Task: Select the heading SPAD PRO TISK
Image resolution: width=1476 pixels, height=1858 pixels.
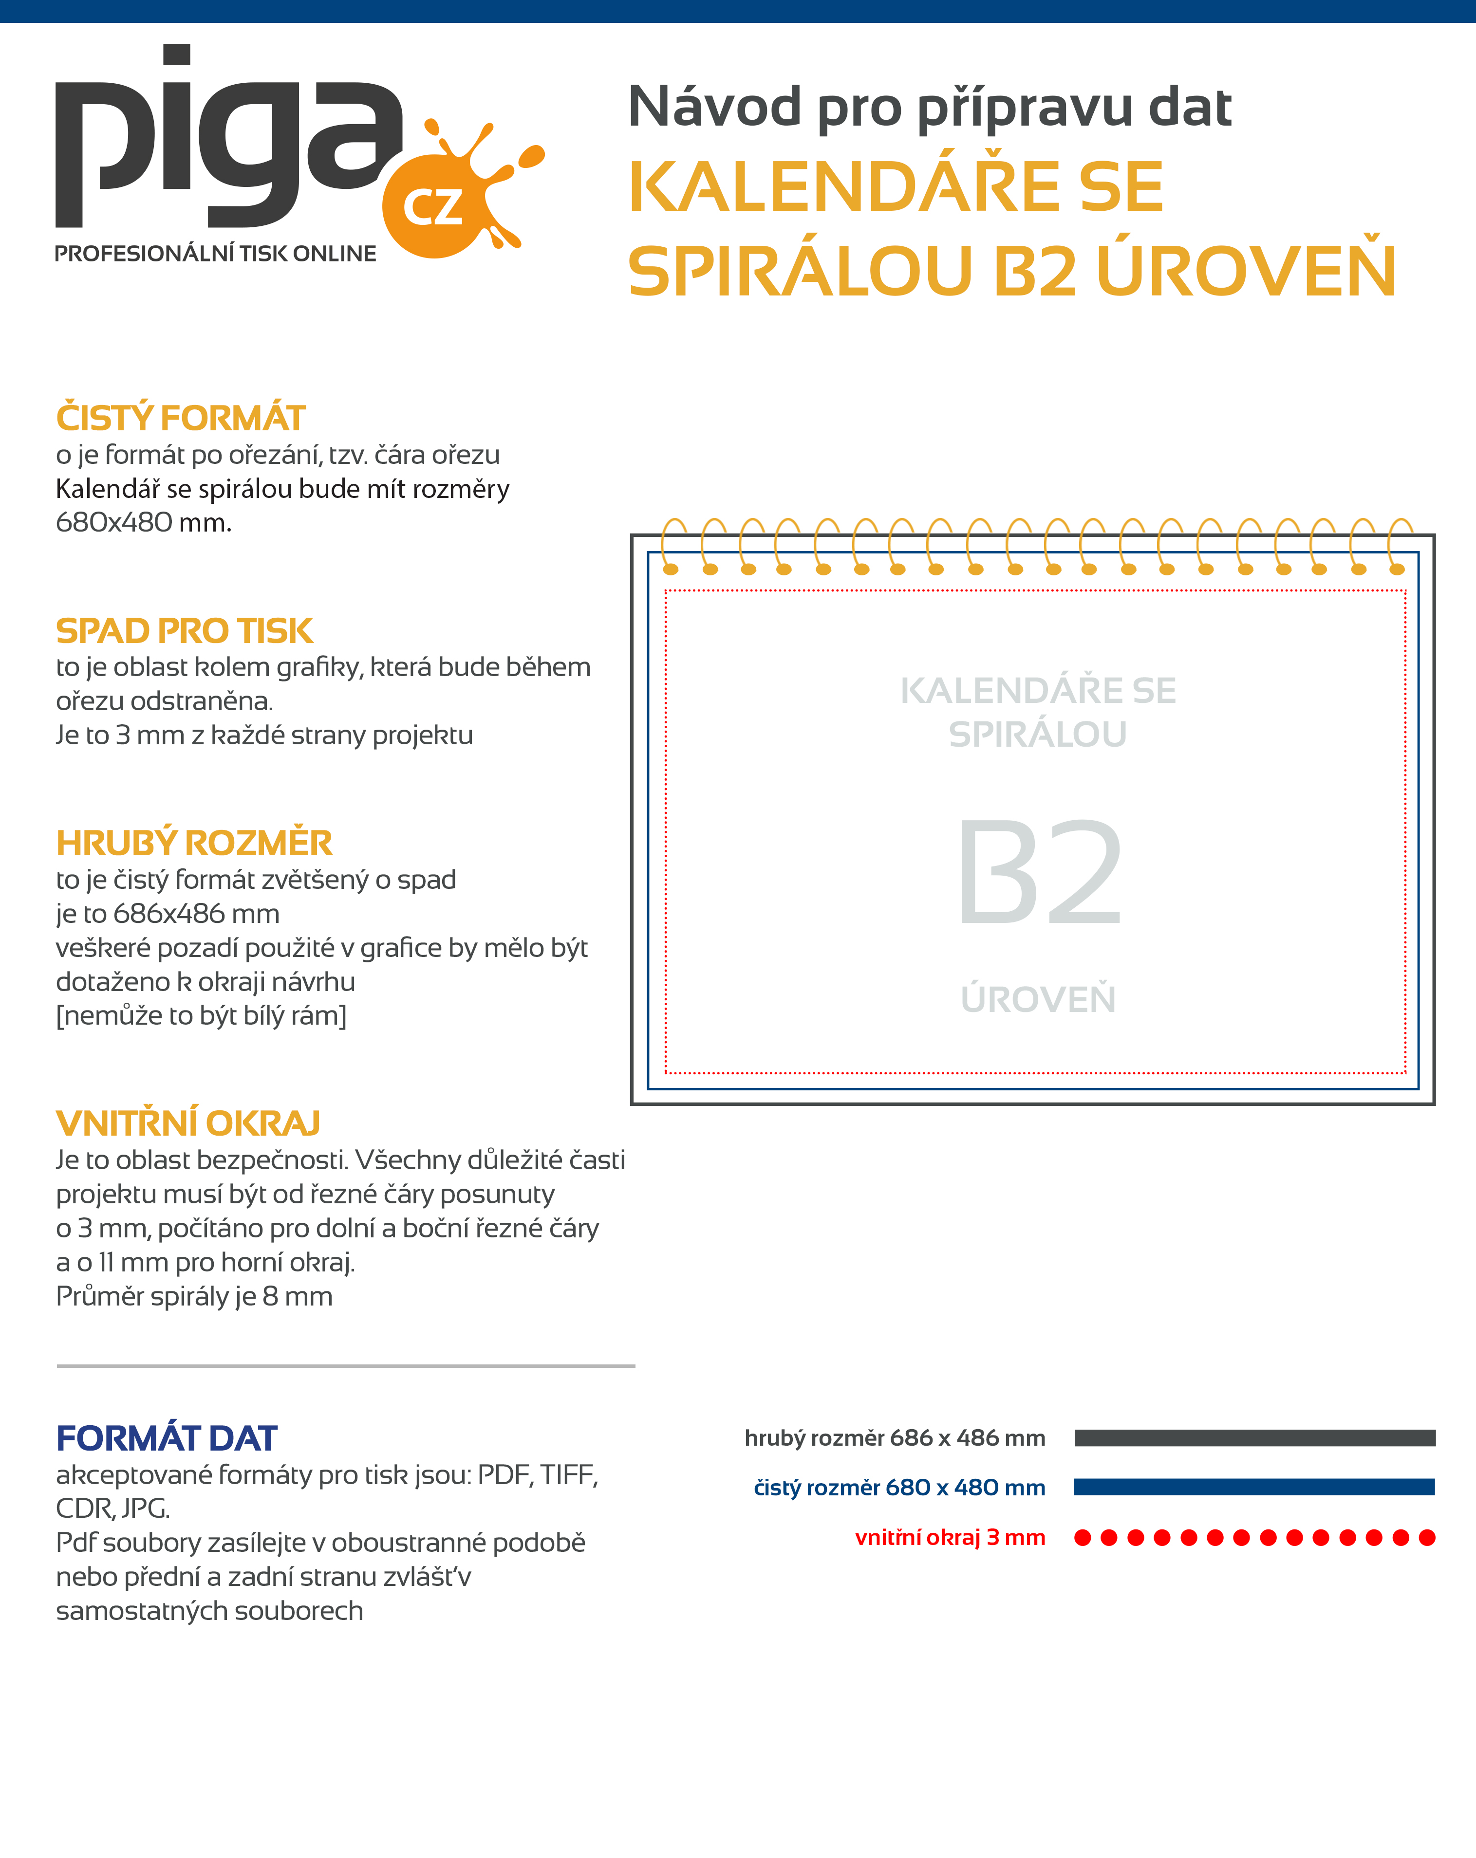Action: pos(184,631)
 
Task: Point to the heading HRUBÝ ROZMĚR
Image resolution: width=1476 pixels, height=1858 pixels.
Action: pos(194,843)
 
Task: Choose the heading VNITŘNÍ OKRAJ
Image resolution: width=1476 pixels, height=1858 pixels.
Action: pos(188,1124)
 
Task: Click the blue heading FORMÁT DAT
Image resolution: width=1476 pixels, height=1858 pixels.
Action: pos(167,1438)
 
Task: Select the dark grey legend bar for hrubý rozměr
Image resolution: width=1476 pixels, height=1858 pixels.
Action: pos(1254,1437)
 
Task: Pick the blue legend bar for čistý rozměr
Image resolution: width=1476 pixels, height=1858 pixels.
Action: pos(1254,1487)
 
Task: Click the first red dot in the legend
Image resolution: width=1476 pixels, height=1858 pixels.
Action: pos(1083,1537)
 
